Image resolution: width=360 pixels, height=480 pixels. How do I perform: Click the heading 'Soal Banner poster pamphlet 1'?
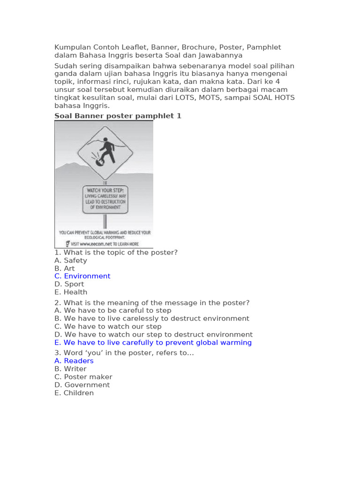(118, 116)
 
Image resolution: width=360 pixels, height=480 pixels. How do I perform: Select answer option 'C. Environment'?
(82, 276)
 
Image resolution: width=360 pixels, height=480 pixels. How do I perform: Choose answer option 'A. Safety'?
(71, 260)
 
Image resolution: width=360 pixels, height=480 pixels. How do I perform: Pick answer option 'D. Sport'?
(69, 284)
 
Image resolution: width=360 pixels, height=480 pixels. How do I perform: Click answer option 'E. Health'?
(71, 292)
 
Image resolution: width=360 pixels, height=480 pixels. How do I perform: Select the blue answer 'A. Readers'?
(74, 361)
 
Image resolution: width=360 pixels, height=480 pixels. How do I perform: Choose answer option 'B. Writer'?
(70, 369)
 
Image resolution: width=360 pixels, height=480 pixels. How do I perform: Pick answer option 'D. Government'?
(82, 385)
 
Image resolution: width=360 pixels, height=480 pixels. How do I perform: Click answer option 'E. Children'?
(74, 393)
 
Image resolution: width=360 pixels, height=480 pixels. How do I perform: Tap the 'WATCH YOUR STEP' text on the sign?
(105, 190)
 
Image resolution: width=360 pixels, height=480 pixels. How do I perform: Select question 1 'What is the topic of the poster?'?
(116, 252)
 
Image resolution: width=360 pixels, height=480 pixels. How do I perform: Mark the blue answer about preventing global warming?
(153, 343)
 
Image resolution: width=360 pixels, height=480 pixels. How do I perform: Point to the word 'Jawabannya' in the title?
(223, 55)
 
